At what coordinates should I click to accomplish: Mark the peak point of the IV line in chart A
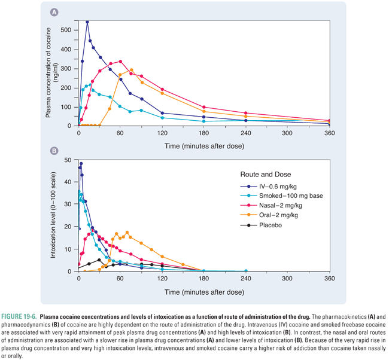coord(87,22)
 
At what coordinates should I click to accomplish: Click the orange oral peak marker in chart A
coord(132,70)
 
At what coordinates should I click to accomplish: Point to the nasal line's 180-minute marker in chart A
coord(204,107)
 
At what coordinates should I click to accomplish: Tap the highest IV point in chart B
coord(81,164)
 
